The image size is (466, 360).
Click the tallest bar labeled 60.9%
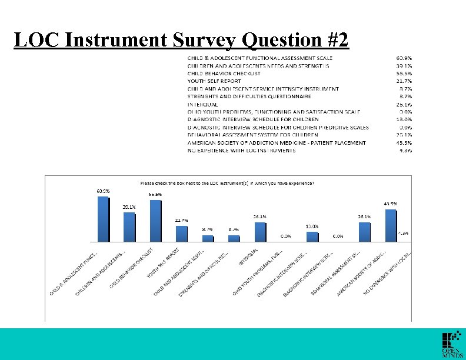tap(103, 219)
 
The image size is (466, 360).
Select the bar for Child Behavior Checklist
tap(155, 221)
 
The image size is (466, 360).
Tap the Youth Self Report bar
tap(181, 234)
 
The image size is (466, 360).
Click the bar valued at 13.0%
tap(312, 236)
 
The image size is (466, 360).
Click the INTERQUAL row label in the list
tap(203, 104)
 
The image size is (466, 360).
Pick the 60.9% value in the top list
tap(404, 58)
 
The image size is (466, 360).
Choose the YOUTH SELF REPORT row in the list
tap(214, 81)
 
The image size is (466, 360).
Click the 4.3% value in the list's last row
tap(405, 150)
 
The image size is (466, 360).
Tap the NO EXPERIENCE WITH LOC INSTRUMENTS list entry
tap(241, 150)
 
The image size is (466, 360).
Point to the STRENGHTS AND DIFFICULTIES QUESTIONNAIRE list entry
tap(249, 96)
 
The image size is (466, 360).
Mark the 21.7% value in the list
tap(404, 81)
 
